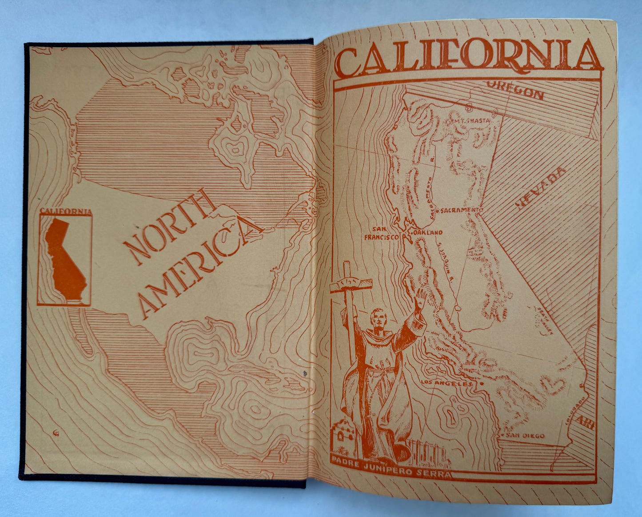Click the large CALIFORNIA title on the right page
tap(469, 57)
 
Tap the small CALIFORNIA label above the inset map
tap(65, 211)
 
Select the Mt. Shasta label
tap(471, 120)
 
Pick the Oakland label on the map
tap(427, 232)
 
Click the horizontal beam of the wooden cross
tap(351, 284)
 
